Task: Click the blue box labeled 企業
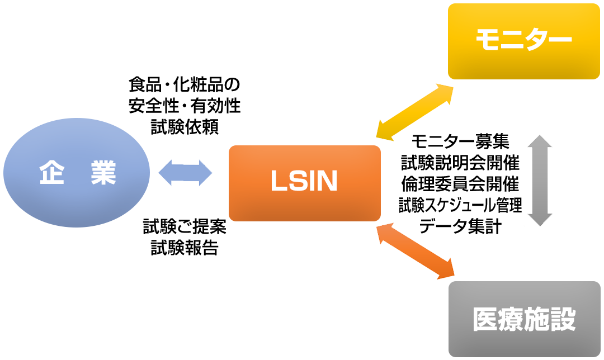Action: tap(77, 173)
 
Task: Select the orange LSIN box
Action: tap(305, 182)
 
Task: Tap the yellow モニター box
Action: tap(523, 41)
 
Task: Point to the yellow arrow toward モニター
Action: tap(414, 112)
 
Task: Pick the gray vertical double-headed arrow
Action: tap(540, 180)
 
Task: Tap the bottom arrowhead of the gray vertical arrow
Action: tap(540, 219)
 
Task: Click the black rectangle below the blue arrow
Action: tap(183, 240)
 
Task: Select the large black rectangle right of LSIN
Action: tap(460, 183)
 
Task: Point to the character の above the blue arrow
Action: tap(234, 86)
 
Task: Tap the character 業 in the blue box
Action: tap(103, 173)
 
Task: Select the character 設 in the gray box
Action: tap(563, 320)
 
